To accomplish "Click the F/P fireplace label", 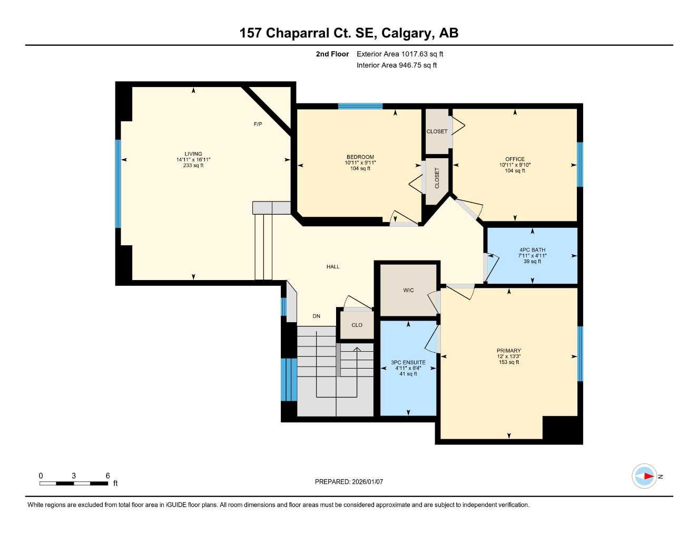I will (258, 124).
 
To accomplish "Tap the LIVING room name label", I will (193, 154).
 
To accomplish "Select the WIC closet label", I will (408, 291).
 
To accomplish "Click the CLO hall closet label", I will (357, 325).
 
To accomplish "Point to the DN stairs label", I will (316, 316).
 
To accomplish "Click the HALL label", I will (333, 267).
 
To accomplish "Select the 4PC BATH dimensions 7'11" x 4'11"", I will (532, 256).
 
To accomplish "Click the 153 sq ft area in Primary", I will (509, 362).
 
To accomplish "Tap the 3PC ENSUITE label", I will (408, 362).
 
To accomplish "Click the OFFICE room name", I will (515, 159).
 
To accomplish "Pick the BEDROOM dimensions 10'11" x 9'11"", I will (360, 163).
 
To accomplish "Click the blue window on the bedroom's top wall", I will (360, 106).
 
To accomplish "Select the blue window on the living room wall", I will (118, 184).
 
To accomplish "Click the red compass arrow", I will (648, 476).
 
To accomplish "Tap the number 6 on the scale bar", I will (107, 476).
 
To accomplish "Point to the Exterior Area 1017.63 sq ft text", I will (400, 54).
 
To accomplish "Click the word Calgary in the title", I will (407, 33).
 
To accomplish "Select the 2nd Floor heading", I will (332, 54).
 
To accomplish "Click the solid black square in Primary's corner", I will (561, 429).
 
